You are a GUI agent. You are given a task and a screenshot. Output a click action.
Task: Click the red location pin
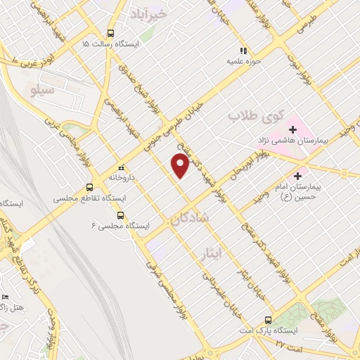click(x=181, y=165)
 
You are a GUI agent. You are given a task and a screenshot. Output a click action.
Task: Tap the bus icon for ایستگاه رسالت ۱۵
click(x=110, y=33)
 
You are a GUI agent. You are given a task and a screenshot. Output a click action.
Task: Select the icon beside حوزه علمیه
click(x=243, y=51)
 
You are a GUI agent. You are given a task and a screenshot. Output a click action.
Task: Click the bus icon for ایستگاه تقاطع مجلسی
click(x=89, y=187)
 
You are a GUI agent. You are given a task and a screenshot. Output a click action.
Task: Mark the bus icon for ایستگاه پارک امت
click(x=267, y=319)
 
